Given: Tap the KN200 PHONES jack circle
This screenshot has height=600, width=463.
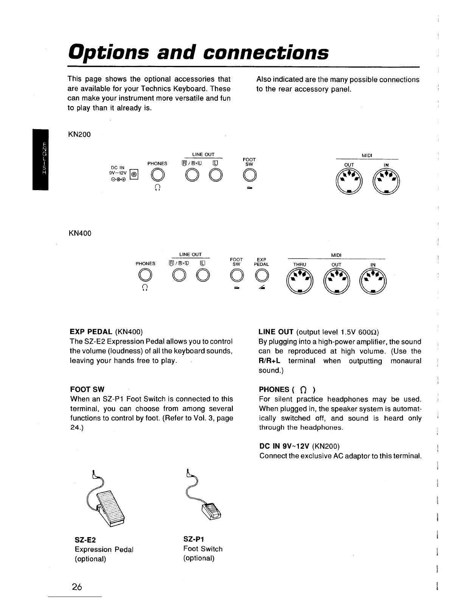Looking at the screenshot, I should pyautogui.click(x=157, y=175).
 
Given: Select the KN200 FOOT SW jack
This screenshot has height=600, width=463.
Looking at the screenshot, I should pyautogui.click(x=250, y=175).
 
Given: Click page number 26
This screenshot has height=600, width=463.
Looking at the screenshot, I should pyautogui.click(x=77, y=587).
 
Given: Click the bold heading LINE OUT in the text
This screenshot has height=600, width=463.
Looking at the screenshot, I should pyautogui.click(x=276, y=332).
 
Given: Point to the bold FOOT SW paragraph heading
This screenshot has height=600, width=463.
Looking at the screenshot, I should pyautogui.click(x=87, y=389).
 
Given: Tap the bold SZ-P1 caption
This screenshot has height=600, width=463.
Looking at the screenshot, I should pyautogui.click(x=194, y=539).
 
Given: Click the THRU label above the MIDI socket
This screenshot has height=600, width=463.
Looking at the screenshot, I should pyautogui.click(x=300, y=264).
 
